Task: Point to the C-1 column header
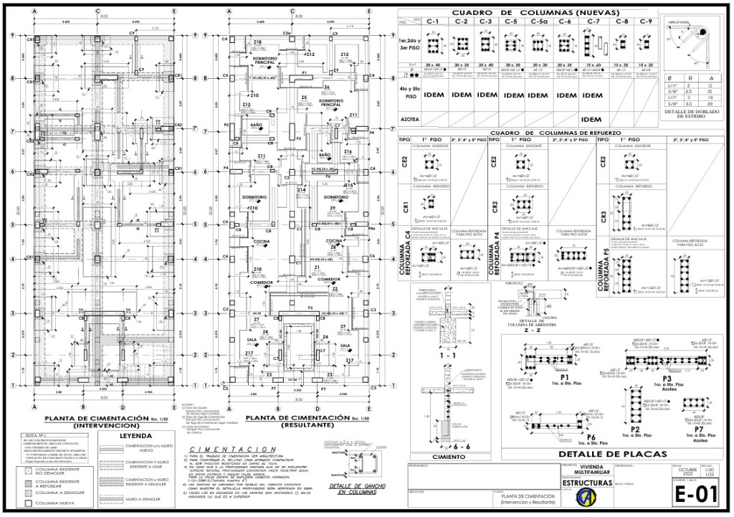(432, 22)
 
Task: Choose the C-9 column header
(645, 22)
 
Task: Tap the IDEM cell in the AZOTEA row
(591, 119)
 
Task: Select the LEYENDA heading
(136, 435)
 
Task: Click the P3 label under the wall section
(667, 377)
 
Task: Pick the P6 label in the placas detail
(591, 436)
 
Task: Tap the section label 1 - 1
(449, 355)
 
